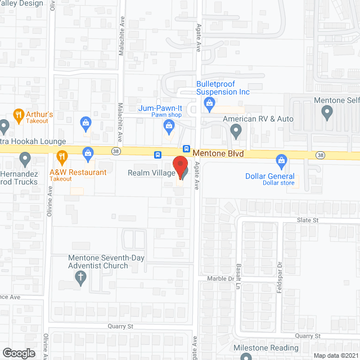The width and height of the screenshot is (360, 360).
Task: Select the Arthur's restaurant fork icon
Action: click(19, 116)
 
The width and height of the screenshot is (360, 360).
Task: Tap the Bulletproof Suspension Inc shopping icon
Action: click(209, 102)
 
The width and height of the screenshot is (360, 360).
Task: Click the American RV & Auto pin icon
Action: click(236, 131)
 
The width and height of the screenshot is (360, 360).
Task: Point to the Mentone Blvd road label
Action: click(218, 152)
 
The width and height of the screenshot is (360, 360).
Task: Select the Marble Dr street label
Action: click(223, 278)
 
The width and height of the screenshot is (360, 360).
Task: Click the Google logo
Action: click(19, 353)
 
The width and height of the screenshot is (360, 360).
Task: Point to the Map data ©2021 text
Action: click(335, 355)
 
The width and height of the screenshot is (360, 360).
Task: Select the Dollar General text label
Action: click(270, 176)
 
